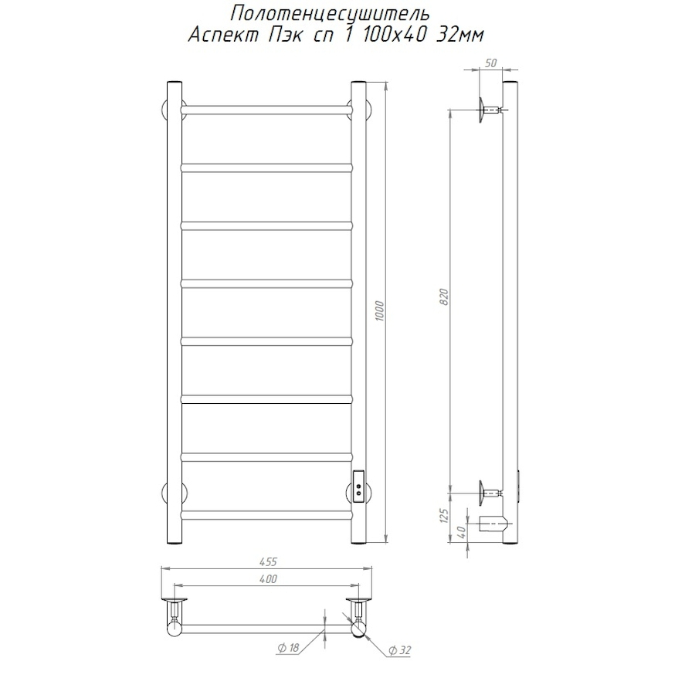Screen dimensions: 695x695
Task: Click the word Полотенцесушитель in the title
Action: pyautogui.click(x=330, y=14)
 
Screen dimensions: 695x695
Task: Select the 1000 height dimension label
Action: pyautogui.click(x=380, y=311)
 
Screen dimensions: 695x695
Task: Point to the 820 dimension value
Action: pyautogui.click(x=444, y=297)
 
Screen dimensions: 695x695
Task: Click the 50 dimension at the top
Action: pyautogui.click(x=490, y=63)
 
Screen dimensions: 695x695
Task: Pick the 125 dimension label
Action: pyautogui.click(x=445, y=516)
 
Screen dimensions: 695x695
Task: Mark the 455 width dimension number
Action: pyautogui.click(x=268, y=561)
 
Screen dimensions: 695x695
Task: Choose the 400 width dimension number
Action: pyautogui.click(x=268, y=579)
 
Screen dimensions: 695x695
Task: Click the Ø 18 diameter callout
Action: pyautogui.click(x=289, y=648)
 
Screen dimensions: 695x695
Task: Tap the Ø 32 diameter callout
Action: pyautogui.click(x=400, y=650)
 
